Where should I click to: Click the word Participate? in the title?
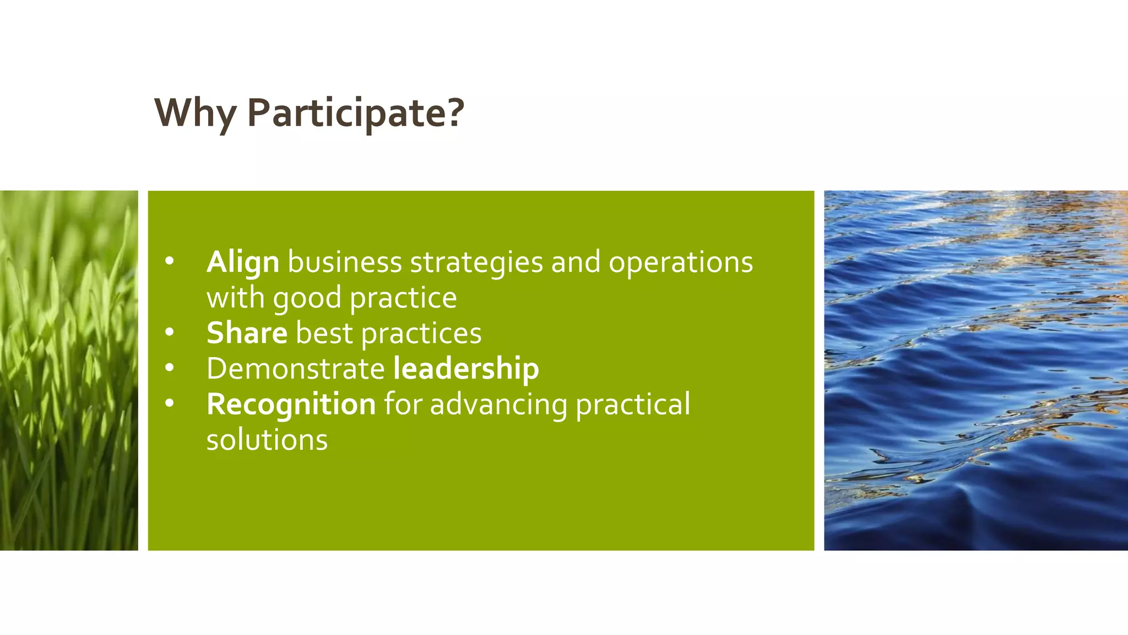coord(356,113)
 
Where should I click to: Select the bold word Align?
coord(242,262)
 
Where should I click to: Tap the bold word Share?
coord(247,333)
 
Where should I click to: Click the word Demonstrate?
coord(295,368)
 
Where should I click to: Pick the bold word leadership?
coord(466,368)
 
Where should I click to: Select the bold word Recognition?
coord(291,404)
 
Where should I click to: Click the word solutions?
coord(267,440)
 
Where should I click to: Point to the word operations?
coord(680,262)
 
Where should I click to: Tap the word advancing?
coord(498,405)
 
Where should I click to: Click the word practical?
coord(632,405)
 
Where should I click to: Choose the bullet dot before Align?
coord(169,261)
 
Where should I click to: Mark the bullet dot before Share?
coord(169,332)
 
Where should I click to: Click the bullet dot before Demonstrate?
coord(169,368)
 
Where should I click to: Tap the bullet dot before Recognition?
coord(169,403)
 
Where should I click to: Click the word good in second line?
coord(307,299)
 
